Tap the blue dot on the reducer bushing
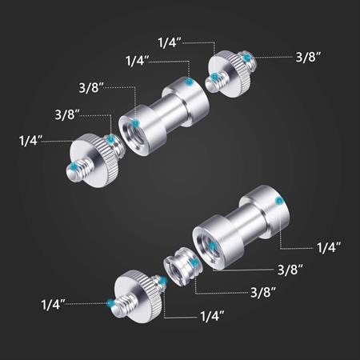[x=194, y=263]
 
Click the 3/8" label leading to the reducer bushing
[x=263, y=292]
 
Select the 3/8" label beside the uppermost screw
[x=308, y=57]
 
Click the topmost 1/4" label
[x=170, y=42]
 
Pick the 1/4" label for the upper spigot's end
[x=138, y=61]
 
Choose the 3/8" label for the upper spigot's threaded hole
[x=91, y=87]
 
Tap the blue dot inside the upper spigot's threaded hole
[x=136, y=123]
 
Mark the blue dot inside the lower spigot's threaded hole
[x=212, y=246]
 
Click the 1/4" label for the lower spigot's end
[x=329, y=247]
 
